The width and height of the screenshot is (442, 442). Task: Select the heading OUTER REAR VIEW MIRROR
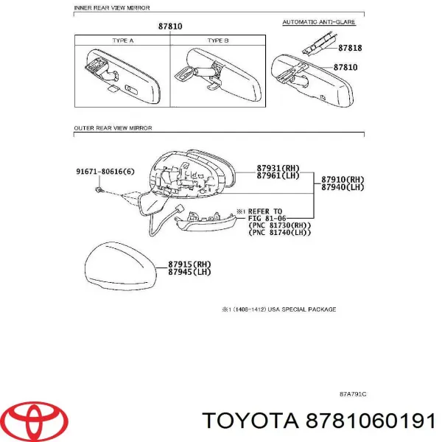(x=113, y=128)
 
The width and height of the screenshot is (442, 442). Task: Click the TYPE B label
(x=219, y=41)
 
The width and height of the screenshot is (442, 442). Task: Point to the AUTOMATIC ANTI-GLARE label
(x=319, y=23)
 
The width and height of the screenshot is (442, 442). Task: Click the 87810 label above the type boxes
(x=170, y=27)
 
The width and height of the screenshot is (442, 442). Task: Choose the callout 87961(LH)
(x=279, y=176)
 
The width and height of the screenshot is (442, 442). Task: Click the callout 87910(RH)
(x=343, y=180)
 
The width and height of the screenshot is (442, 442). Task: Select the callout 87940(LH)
(x=343, y=188)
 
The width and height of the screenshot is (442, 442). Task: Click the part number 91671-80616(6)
(x=105, y=172)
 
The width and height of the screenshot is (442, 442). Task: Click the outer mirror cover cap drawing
(x=121, y=269)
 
